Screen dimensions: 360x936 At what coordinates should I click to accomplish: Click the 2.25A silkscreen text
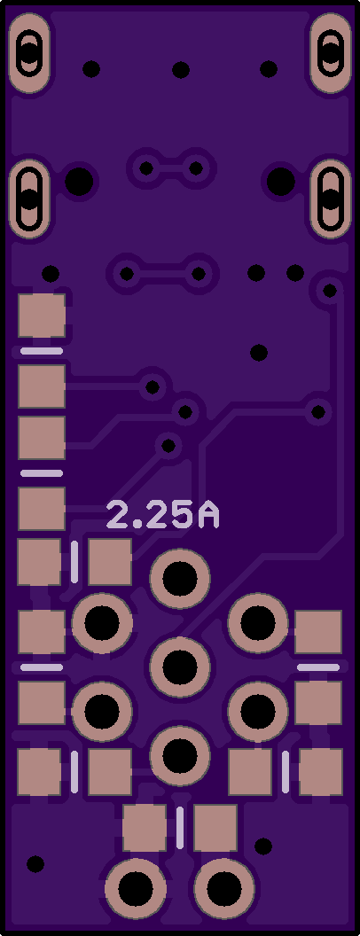(x=162, y=515)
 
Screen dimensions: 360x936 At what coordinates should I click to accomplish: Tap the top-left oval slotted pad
(x=29, y=53)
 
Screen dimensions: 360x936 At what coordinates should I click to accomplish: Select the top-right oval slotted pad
(x=331, y=53)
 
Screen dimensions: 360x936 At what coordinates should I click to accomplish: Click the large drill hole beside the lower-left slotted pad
(x=79, y=182)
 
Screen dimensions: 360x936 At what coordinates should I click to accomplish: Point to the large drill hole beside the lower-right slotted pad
(x=280, y=182)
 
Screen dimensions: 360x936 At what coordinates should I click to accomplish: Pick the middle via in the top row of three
(x=181, y=70)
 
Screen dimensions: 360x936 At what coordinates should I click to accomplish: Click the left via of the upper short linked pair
(x=146, y=168)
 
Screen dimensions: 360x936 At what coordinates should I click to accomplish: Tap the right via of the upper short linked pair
(x=196, y=168)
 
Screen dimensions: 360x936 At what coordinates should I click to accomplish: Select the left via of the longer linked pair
(x=127, y=274)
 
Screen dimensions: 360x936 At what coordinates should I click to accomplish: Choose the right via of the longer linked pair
(x=199, y=274)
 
